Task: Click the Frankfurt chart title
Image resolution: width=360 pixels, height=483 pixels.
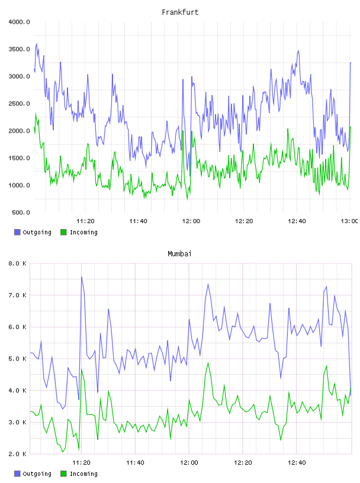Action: tap(180, 12)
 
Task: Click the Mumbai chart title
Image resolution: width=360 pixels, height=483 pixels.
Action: tap(179, 254)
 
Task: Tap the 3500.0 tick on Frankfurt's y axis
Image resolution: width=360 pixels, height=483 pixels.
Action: tap(19, 49)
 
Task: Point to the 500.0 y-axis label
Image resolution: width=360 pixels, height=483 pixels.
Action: tap(21, 212)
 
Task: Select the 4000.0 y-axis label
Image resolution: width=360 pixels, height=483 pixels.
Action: tap(19, 22)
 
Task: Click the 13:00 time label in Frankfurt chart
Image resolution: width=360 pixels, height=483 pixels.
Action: tap(349, 221)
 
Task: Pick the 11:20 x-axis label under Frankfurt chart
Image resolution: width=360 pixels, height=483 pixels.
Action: tap(85, 221)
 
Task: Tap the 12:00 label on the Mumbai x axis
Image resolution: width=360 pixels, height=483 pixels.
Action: tap(189, 463)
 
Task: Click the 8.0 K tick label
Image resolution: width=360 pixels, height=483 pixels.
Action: tap(18, 263)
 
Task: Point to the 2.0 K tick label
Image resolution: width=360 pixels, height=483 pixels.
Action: tap(18, 454)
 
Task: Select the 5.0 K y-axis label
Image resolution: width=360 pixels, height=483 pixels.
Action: tap(18, 359)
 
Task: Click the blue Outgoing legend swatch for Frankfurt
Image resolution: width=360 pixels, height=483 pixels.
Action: tap(17, 232)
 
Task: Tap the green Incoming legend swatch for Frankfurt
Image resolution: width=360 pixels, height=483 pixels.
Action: tap(63, 232)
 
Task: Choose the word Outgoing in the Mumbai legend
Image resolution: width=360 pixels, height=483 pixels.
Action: tap(37, 474)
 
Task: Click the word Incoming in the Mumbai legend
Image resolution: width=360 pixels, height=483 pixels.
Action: tap(83, 474)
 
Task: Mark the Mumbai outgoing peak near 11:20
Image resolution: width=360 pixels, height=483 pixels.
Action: tap(82, 276)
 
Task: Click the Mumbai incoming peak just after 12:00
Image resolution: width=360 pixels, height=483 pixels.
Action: tap(208, 363)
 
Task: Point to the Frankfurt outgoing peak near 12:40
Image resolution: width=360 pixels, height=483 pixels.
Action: tap(298, 51)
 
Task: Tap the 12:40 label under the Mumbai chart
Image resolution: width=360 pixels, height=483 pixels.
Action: tap(297, 463)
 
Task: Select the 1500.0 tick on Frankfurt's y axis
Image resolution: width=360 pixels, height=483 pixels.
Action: tap(19, 158)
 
